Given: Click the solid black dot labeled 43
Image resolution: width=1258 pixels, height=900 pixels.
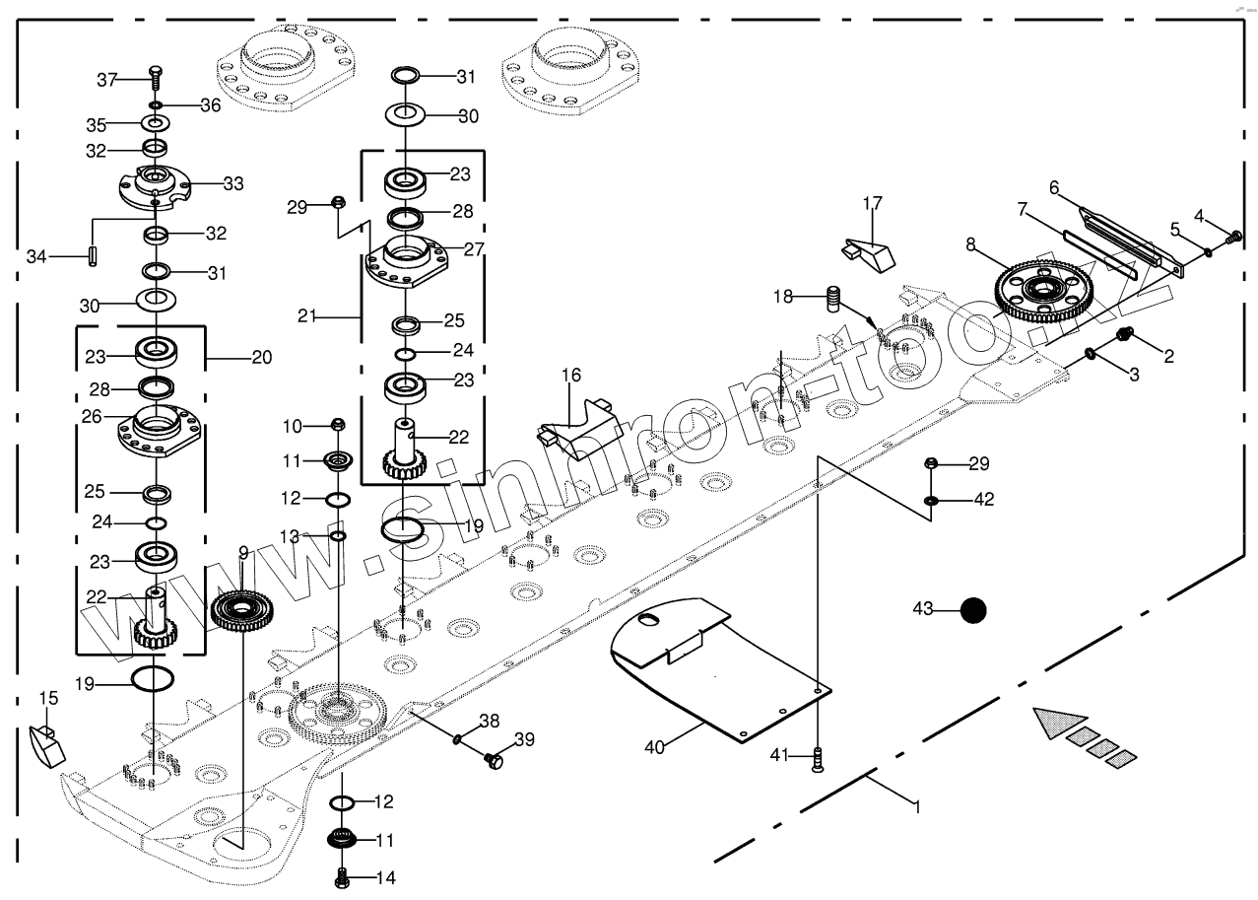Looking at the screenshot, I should coord(973,611).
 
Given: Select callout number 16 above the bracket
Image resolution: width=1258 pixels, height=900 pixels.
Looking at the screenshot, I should coord(571,376).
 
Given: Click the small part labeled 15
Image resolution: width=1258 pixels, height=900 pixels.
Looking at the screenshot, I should coord(45,744).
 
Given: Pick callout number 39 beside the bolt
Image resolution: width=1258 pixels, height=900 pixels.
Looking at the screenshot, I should coord(524,739).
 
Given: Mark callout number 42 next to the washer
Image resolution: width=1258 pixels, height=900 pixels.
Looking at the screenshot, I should coord(983,500).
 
